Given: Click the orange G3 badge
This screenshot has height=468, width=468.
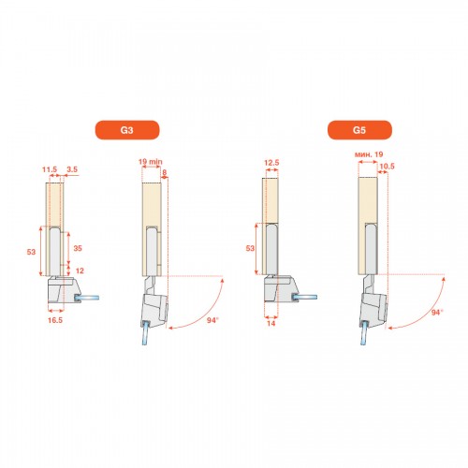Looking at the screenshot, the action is [x=127, y=130].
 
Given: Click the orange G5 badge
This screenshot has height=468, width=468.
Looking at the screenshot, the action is [x=359, y=130].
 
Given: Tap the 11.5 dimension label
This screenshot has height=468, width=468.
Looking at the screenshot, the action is [x=50, y=169].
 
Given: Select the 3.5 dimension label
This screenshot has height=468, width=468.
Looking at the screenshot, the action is [x=72, y=169].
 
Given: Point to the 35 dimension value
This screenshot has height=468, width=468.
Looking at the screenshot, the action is [x=78, y=248].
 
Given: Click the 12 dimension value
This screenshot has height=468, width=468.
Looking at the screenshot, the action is [x=80, y=271].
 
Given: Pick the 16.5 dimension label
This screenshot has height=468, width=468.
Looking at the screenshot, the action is [x=55, y=320].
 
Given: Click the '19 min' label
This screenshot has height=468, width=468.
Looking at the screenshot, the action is [x=151, y=162].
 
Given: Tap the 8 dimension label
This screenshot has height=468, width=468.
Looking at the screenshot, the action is [x=165, y=172].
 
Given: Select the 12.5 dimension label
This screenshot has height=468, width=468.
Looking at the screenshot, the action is [x=271, y=163].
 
